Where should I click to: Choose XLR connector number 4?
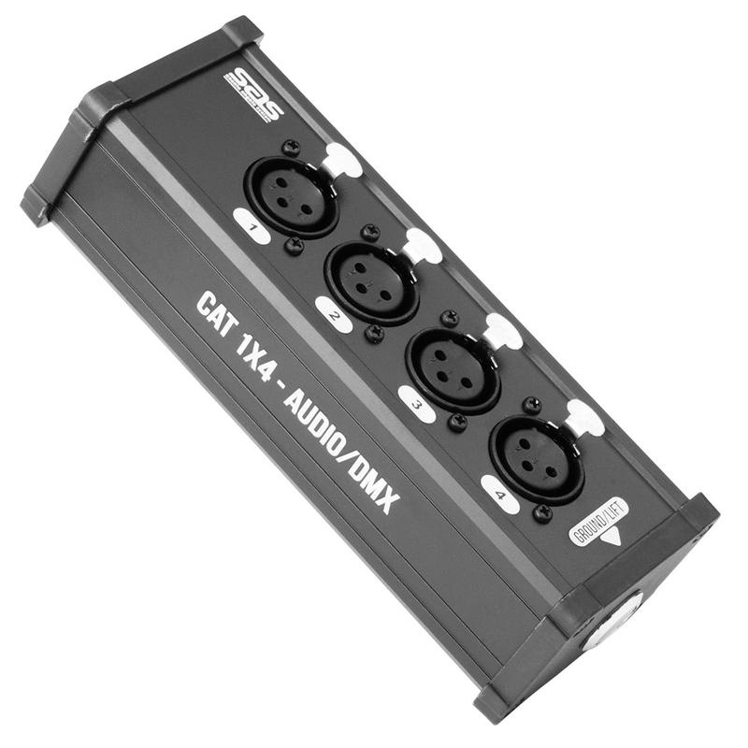coord(536,453)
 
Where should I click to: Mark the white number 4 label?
coord(500,493)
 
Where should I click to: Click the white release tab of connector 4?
coord(585,416)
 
